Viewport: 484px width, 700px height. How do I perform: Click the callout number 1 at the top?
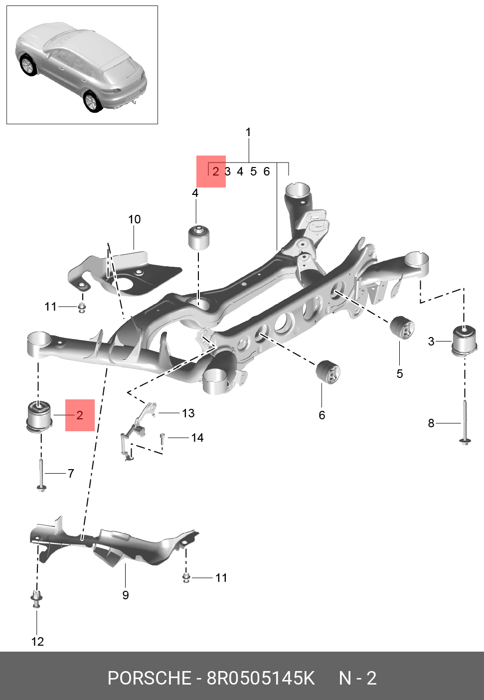248,133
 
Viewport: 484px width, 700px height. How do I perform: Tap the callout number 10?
134,219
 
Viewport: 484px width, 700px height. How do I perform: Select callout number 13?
188,413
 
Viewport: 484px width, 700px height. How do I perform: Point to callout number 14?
197,438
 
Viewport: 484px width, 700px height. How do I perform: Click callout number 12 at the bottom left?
37,642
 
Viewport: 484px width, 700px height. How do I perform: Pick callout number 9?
126,595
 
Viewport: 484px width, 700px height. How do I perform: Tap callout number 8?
431,423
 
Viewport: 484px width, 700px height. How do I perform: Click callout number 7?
71,473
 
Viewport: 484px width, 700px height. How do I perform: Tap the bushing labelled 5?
402,327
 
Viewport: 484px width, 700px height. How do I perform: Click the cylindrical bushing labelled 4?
199,236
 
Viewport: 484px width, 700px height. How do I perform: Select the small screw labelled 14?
162,438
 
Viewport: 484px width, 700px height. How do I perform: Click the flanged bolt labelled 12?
36,598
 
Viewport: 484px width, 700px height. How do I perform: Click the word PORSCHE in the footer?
149,679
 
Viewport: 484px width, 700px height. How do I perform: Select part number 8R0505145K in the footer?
261,679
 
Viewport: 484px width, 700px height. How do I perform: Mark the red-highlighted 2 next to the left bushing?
80,415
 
